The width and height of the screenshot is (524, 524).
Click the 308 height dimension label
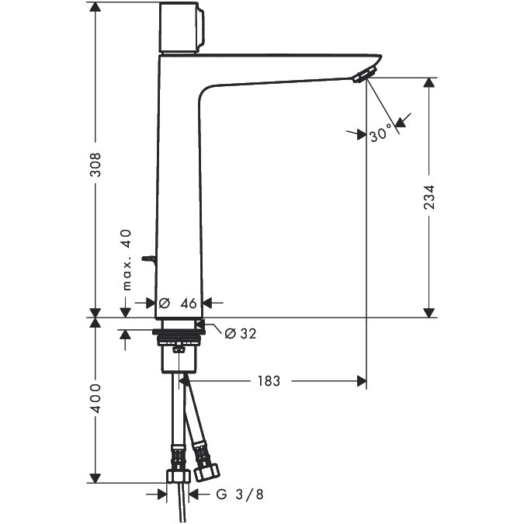coord(96,164)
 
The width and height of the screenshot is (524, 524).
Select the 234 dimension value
coord(429,197)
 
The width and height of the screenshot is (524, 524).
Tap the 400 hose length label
coord(96,398)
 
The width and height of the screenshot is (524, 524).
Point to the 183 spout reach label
coord(269,381)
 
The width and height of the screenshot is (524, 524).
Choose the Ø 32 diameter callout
coord(241,334)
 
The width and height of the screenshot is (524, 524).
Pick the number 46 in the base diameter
coord(189,304)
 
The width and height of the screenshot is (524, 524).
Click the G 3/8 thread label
coord(240,495)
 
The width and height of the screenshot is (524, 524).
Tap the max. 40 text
coord(127,259)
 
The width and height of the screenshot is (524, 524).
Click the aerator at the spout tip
coord(365,75)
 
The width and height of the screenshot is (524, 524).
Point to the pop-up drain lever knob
coord(148,259)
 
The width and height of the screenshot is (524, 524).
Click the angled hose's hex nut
coord(206,472)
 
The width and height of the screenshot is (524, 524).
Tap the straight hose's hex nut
coord(179,476)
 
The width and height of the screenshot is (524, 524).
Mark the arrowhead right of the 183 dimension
coord(362,381)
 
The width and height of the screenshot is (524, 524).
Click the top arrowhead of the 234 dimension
coord(429,83)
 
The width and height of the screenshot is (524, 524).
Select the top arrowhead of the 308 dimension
coord(95,7)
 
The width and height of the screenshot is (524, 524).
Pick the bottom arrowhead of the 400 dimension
coord(95,478)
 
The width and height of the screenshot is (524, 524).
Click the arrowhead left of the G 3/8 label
coord(161,495)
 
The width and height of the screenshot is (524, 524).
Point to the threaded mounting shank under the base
coord(179,338)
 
